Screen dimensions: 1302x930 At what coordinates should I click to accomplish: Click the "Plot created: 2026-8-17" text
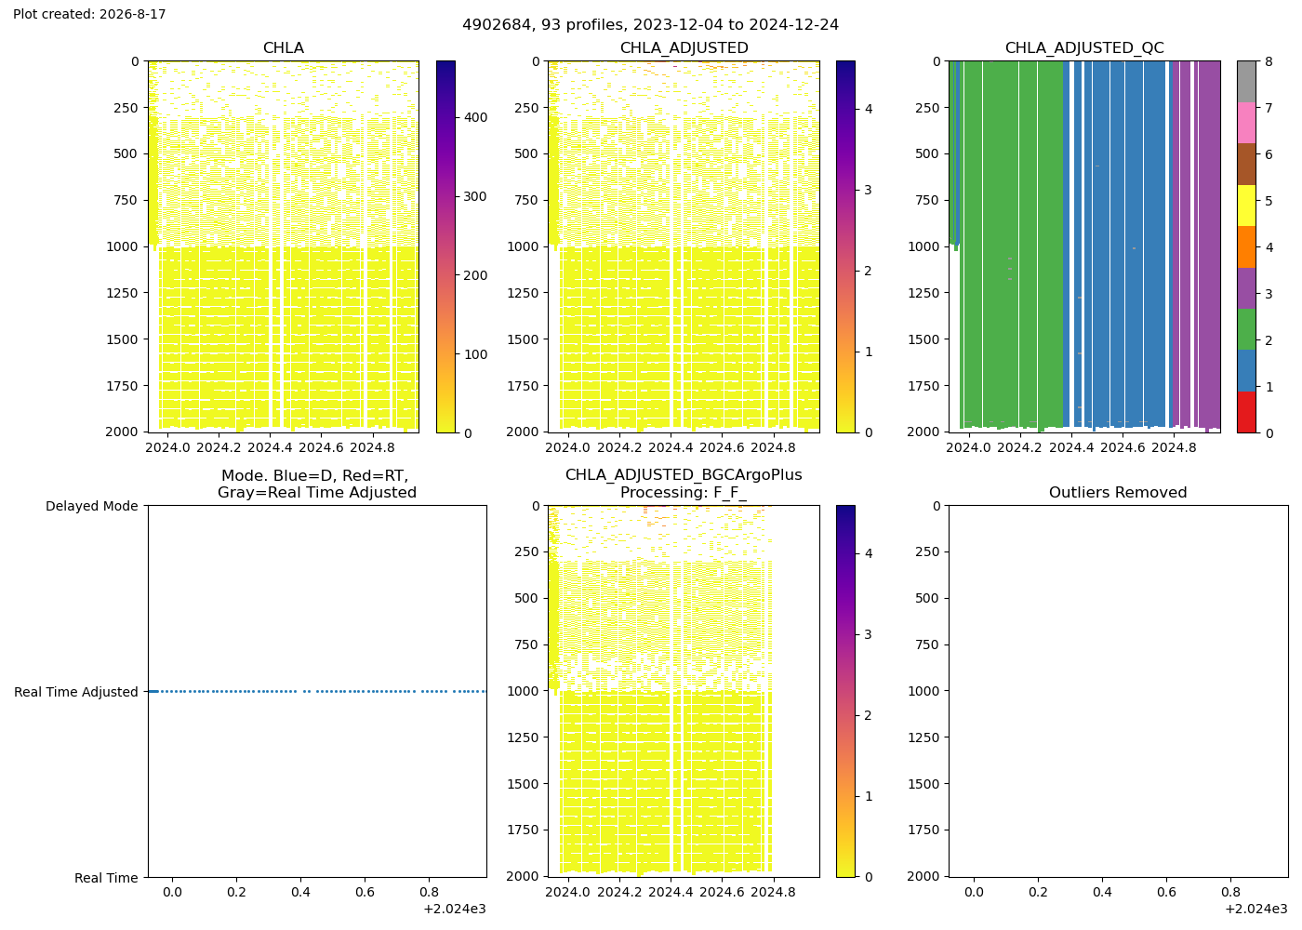[x=89, y=14]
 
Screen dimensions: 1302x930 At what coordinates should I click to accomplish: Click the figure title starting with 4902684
[x=650, y=25]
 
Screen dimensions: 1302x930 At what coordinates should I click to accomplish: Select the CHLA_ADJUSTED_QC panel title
[x=1084, y=48]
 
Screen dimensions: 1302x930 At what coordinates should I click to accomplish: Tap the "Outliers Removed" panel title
[x=1118, y=492]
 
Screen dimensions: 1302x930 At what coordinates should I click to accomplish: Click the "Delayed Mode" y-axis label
[x=92, y=506]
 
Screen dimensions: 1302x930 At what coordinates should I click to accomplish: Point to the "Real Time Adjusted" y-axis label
[x=76, y=692]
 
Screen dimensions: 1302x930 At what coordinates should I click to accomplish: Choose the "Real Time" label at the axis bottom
[x=106, y=878]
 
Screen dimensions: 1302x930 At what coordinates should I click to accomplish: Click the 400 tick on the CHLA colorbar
[x=475, y=117]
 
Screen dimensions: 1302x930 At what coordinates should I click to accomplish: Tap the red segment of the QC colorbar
[x=1246, y=412]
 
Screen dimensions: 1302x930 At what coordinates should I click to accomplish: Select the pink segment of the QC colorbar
[x=1246, y=123]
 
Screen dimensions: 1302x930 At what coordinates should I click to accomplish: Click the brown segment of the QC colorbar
[x=1246, y=164]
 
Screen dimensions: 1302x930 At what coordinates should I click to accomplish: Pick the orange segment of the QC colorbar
[x=1246, y=247]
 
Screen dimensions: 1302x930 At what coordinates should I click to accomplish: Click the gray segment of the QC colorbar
[x=1246, y=82]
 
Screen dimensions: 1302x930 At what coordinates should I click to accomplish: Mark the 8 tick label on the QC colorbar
[x=1269, y=61]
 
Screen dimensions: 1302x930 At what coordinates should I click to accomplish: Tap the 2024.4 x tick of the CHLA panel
[x=270, y=447]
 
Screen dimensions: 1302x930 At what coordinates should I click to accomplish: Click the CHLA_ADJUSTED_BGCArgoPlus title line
[x=684, y=475]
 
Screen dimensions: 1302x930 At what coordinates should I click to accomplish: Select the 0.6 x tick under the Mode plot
[x=365, y=892]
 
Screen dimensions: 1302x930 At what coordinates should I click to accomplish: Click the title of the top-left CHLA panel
[x=284, y=48]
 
